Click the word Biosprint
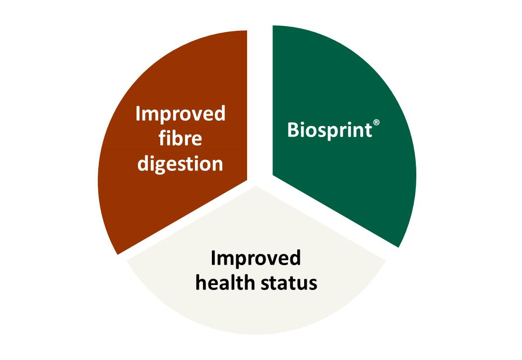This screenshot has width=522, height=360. (329, 130)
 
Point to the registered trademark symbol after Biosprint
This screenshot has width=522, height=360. (376, 123)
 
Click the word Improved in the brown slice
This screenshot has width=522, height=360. (181, 114)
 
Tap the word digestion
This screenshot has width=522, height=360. (181, 164)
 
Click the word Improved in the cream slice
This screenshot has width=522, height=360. (256, 259)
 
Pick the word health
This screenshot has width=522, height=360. (225, 283)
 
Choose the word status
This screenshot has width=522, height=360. (289, 284)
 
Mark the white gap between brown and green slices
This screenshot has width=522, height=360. (260, 100)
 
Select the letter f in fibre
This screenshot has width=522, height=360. (162, 138)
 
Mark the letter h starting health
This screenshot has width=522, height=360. (201, 283)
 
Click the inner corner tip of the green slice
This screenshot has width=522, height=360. (273, 174)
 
